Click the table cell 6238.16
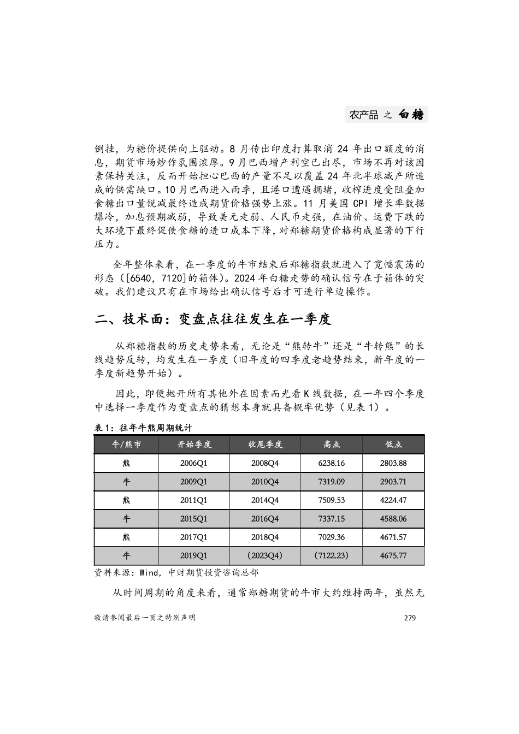tap(331, 463)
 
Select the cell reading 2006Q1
tap(193, 463)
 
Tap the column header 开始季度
tap(193, 445)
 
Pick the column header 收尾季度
tap(264, 445)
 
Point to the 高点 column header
tap(331, 445)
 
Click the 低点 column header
tap(393, 445)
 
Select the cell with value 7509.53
tap(331, 500)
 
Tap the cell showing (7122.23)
tap(331, 555)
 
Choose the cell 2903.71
tap(393, 482)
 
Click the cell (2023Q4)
tap(264, 555)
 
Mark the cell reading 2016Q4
tap(264, 519)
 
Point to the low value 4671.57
tap(393, 537)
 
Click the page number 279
tap(410, 618)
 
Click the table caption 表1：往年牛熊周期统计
tap(143, 428)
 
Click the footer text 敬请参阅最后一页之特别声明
tap(145, 618)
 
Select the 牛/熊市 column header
tap(126, 445)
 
